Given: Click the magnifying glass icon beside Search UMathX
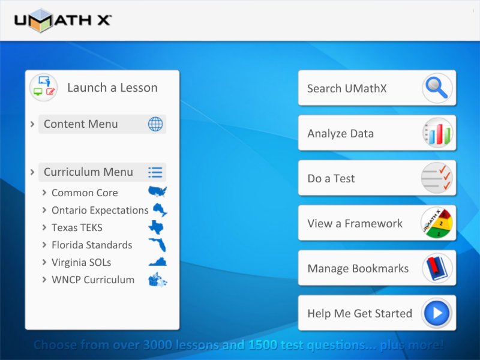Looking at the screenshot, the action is [437, 88].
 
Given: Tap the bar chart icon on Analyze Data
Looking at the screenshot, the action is [437, 133].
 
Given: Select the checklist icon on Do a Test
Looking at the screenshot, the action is [437, 178].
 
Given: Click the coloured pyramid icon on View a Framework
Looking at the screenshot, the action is [437, 223].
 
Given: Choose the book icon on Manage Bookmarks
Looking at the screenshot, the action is [437, 268].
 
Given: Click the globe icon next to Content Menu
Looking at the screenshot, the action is [155, 124].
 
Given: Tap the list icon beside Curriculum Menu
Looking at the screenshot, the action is [155, 172].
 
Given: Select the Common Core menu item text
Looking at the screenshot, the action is [85, 193].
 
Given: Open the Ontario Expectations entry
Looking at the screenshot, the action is [100, 211].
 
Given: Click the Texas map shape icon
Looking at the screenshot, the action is [156, 227].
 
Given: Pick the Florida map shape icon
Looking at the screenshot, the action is [158, 245].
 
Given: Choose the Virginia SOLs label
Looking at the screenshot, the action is [82, 262].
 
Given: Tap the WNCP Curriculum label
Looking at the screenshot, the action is [93, 280].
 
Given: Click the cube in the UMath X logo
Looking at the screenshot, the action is [41, 20].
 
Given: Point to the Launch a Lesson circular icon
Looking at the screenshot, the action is [43, 88].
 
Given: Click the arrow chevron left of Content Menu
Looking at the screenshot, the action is [32, 124].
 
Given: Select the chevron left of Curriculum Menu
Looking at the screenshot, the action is [32, 172].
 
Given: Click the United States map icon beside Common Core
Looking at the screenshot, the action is [158, 191].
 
